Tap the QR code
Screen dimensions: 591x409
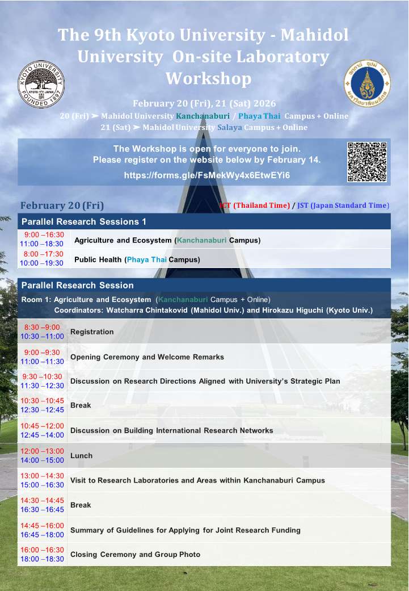click(367, 162)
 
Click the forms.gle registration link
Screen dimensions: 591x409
click(207, 175)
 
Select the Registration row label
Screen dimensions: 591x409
click(92, 332)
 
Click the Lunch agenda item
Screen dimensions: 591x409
click(81, 455)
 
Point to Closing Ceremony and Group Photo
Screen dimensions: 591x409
click(135, 554)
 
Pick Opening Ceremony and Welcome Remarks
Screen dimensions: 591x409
click(147, 357)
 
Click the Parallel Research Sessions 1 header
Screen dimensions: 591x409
click(83, 221)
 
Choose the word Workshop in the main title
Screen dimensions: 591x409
click(208, 78)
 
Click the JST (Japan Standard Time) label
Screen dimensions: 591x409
click(344, 205)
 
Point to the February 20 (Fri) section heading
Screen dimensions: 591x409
click(62, 206)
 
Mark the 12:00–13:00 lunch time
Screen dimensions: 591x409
click(43, 451)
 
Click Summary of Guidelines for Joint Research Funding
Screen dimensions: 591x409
click(185, 530)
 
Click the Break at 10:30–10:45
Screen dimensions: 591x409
click(81, 405)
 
